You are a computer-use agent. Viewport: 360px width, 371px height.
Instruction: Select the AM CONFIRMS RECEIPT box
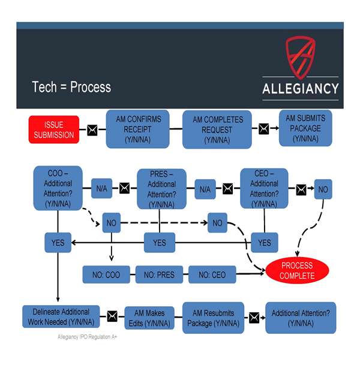pyautogui.click(x=138, y=128)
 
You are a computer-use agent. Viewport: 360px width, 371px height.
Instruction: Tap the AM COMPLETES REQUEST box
pyautogui.click(x=217, y=129)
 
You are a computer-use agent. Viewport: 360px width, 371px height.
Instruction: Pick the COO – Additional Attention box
pyautogui.click(x=58, y=189)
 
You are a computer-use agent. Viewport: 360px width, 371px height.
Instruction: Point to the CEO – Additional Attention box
pyautogui.click(x=264, y=188)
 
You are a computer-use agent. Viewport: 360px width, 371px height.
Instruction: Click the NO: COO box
pyautogui.click(x=106, y=275)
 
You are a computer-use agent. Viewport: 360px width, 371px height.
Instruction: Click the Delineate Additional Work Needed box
pyautogui.click(x=58, y=317)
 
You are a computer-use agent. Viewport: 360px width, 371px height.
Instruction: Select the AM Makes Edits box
pyautogui.click(x=149, y=317)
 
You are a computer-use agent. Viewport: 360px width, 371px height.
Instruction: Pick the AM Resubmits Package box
pyautogui.click(x=213, y=318)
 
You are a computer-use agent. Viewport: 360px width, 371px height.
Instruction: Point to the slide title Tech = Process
pyautogui.click(x=71, y=87)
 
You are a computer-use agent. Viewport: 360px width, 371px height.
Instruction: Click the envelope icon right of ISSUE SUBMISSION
pyautogui.click(x=92, y=129)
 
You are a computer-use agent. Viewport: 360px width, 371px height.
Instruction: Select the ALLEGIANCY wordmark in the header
pyautogui.click(x=300, y=89)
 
